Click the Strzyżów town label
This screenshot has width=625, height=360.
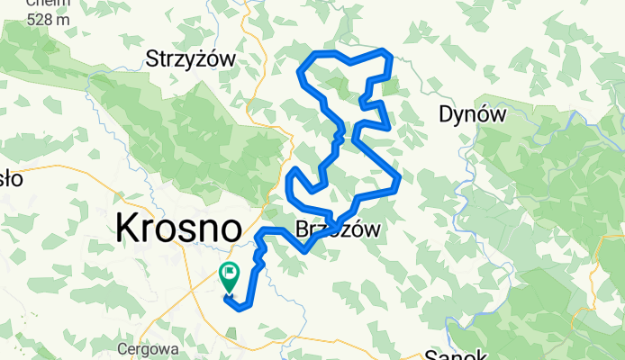190,59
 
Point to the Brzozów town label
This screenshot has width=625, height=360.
338,229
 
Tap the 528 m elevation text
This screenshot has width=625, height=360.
25,18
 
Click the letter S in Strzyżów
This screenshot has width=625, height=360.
152,59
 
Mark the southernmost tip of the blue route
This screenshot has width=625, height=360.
238,309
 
